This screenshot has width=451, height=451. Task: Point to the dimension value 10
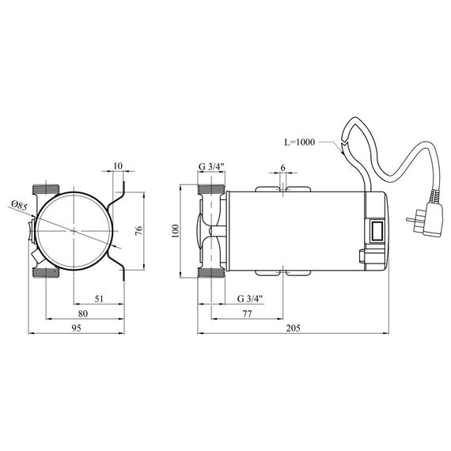[118, 166]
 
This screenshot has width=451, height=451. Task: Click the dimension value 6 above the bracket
[282, 169]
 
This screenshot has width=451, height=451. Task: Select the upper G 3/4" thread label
[212, 166]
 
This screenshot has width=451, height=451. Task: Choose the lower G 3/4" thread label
[251, 298]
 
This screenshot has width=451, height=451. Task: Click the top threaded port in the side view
[211, 190]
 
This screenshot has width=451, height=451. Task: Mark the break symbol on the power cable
[342, 147]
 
